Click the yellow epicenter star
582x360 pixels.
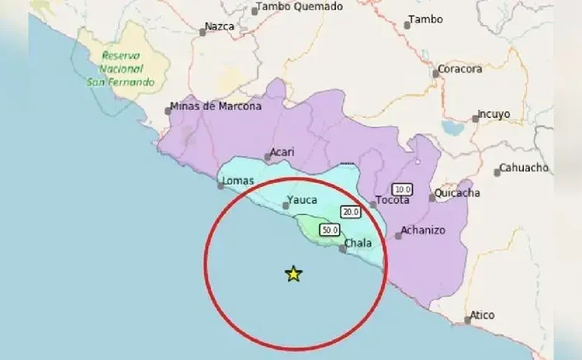click(293, 273)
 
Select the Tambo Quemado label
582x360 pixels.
click(299, 7)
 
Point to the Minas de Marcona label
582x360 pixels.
click(216, 107)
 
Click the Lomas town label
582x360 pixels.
click(238, 182)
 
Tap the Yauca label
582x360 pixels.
click(302, 200)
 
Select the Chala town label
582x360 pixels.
click(358, 244)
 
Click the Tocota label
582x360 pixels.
click(393, 200)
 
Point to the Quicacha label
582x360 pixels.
click(458, 193)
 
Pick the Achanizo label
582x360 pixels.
click(424, 230)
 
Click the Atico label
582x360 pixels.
click(483, 315)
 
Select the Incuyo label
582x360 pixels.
click(494, 114)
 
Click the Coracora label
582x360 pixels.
click(460, 69)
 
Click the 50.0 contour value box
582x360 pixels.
click(330, 230)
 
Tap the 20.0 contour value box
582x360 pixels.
click(351, 212)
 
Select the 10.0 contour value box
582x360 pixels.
click(402, 189)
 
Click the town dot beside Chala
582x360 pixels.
click(343, 249)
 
